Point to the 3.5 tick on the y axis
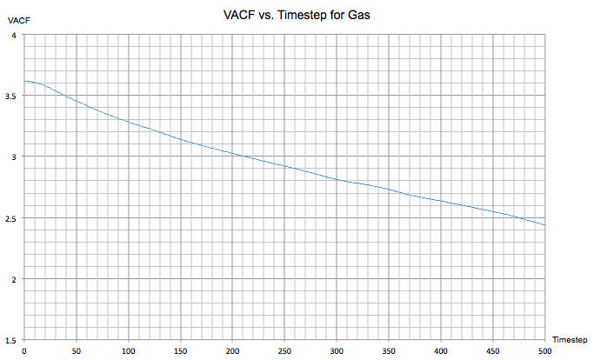point(12,97)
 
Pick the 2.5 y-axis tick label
point(12,218)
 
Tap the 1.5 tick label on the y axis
point(12,340)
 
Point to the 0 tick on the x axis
point(24,350)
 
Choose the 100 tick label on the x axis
point(129,350)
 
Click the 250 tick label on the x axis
point(284,350)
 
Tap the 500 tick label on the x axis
point(545,350)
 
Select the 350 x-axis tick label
point(389,350)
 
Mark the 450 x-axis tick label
point(493,350)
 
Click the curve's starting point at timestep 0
point(24,81)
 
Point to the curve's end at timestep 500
point(545,225)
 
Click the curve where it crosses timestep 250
point(284,165)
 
